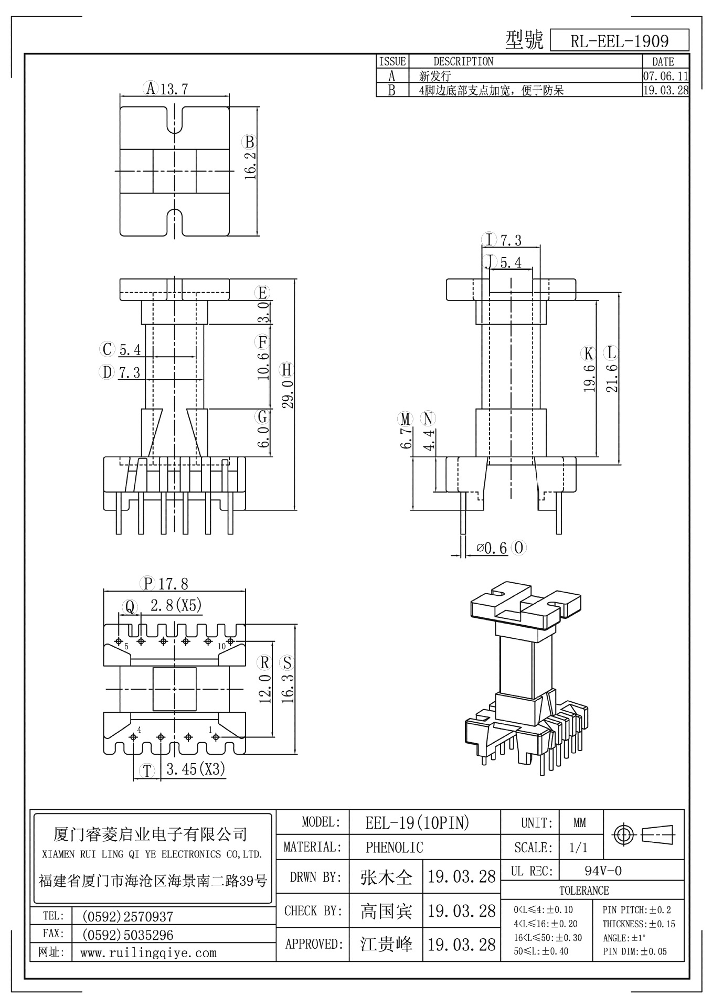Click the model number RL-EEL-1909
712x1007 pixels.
[x=619, y=41]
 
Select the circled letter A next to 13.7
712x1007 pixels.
[x=151, y=88]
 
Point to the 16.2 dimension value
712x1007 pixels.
[x=250, y=166]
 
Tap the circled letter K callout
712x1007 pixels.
[x=589, y=352]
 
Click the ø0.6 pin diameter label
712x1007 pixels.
[x=492, y=549]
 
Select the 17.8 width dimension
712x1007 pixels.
[x=173, y=583]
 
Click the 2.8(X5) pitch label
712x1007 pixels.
[x=176, y=606]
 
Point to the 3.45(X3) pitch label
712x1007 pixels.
[x=195, y=769]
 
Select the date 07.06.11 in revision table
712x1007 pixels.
[x=665, y=76]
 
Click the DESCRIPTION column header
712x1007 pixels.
[x=463, y=61]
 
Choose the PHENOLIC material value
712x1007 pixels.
[x=394, y=847]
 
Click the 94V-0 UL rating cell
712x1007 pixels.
[x=603, y=871]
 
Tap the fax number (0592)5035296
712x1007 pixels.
[x=127, y=935]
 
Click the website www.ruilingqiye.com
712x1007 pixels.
[x=148, y=953]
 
